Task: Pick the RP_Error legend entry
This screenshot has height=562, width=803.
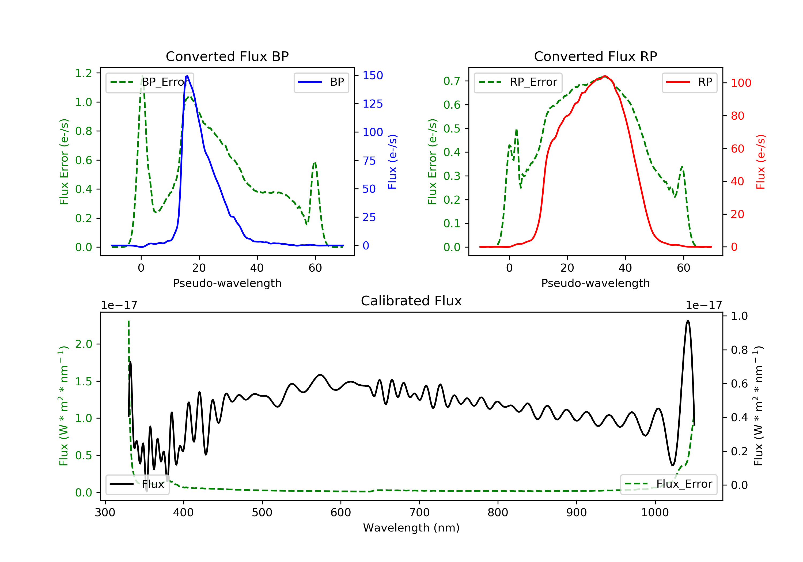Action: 518,82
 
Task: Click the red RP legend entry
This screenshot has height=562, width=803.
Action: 689,82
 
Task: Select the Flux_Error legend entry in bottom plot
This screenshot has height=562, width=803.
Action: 668,484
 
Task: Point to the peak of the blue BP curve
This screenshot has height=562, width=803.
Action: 187,76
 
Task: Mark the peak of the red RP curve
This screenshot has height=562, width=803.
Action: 605,76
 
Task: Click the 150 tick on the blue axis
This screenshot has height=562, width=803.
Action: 373,75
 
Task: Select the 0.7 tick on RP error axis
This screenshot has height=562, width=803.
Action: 452,81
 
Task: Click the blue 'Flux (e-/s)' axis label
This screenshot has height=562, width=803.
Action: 392,162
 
